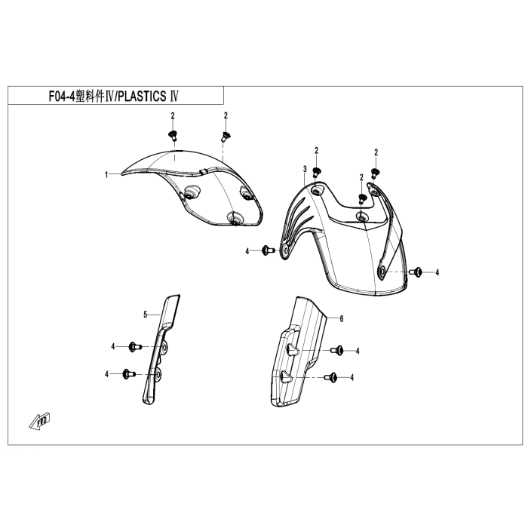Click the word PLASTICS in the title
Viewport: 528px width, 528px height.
pos(142,97)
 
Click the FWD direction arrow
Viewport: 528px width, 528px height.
pos(40,421)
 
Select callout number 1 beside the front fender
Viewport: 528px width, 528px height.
pos(106,175)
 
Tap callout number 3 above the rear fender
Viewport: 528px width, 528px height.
pos(305,169)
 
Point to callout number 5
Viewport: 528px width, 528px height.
pos(146,315)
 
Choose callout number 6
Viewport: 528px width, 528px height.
pos(342,318)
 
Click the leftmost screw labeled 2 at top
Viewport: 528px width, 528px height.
pos(173,136)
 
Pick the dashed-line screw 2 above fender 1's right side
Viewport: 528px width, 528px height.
pos(225,136)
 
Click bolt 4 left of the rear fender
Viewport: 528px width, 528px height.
pos(268,250)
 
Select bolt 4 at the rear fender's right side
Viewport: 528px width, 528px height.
pos(416,272)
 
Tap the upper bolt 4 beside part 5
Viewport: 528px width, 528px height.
pos(135,346)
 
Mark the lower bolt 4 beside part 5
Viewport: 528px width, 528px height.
pos(129,374)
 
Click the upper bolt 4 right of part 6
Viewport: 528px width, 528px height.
pos(336,350)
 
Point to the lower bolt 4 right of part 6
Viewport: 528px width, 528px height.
pos(330,377)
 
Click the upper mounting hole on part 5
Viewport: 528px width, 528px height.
pos(165,347)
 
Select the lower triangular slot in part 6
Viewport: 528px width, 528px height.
pos(287,376)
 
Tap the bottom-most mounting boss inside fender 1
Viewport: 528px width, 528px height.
pos(234,217)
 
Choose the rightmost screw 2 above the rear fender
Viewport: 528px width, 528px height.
pos(374,173)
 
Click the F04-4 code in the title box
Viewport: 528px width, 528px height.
pos(63,97)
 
